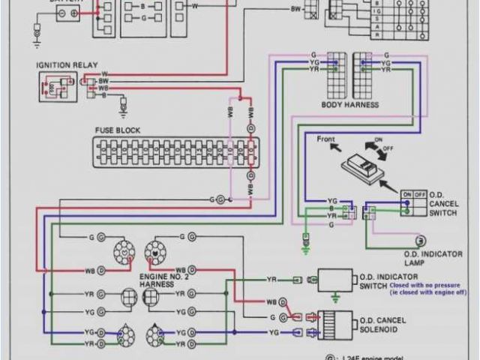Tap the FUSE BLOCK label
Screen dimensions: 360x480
pyautogui.click(x=117, y=130)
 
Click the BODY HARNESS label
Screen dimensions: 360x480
pyautogui.click(x=349, y=104)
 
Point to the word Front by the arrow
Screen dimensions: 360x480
pyautogui.click(x=325, y=138)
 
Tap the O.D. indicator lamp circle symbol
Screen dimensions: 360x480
pyautogui.click(x=421, y=240)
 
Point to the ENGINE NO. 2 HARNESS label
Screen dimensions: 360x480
pyautogui.click(x=164, y=280)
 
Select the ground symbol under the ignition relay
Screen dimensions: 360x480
pyautogui.click(x=124, y=110)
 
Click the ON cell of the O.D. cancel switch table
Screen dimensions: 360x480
pyautogui.click(x=407, y=193)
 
